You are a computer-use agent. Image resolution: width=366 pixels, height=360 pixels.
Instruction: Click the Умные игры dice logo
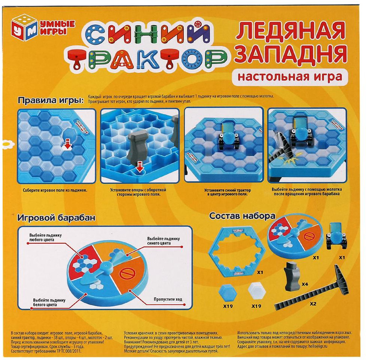click(x=24, y=29)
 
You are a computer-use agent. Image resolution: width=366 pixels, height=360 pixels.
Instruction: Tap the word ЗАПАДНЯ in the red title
click(x=291, y=54)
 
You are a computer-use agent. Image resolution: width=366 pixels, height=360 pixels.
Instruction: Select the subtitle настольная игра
click(x=290, y=77)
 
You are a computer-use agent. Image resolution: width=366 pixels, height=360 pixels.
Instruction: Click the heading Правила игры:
click(x=51, y=100)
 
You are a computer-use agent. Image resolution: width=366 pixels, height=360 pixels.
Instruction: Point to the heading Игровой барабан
click(x=56, y=217)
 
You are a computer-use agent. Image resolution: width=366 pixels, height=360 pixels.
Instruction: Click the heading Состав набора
click(x=242, y=216)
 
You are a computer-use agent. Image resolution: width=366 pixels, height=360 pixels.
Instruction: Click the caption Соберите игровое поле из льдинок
click(x=55, y=190)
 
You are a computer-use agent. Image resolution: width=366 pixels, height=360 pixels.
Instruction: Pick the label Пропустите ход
click(x=168, y=299)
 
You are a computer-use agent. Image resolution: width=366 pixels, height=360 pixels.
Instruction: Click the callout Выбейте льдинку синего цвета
click(x=164, y=241)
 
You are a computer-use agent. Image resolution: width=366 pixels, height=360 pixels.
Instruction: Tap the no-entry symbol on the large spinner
click(x=128, y=273)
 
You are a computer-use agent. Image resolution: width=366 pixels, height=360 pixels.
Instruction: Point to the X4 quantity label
click(x=305, y=284)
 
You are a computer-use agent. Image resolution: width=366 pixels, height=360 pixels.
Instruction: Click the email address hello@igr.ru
click(x=318, y=346)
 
